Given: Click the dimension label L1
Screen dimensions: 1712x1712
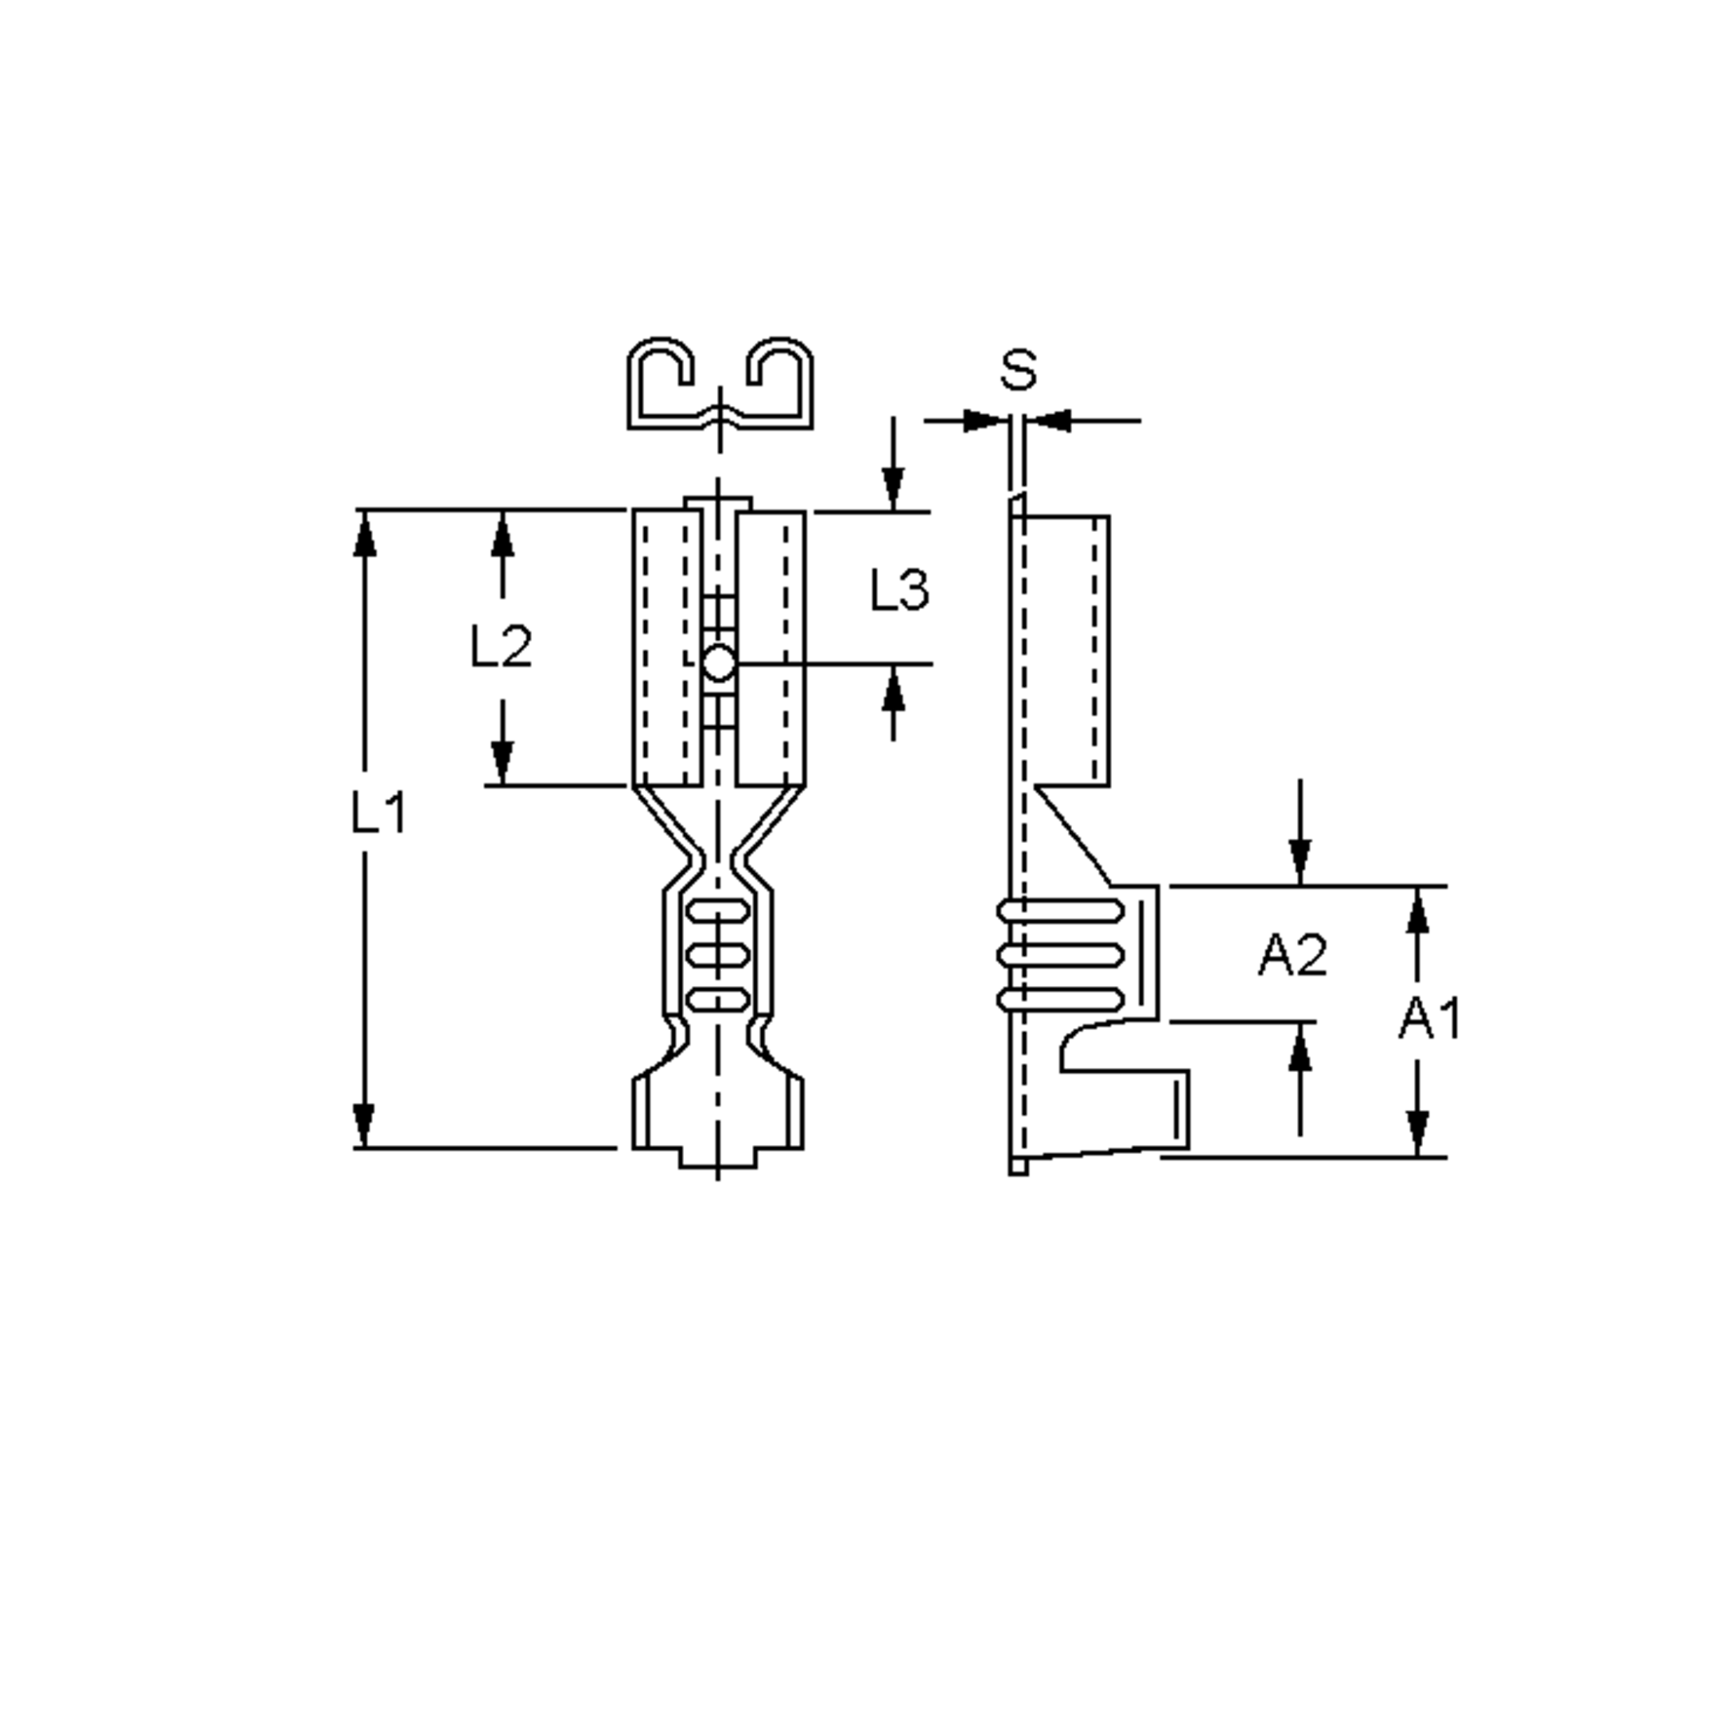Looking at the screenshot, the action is click(378, 812).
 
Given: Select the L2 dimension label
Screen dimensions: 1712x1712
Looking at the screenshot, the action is click(500, 646).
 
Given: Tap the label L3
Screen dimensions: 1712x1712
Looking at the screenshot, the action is click(900, 589).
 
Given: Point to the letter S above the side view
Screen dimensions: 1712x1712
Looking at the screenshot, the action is click(1017, 370).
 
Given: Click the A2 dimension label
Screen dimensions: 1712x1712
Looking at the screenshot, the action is click(1292, 955).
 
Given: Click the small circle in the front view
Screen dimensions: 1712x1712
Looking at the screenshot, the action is click(718, 663).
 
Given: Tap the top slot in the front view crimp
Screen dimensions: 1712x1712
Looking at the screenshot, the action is click(718, 910).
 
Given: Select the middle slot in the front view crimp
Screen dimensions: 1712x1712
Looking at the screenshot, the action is click(718, 955).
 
